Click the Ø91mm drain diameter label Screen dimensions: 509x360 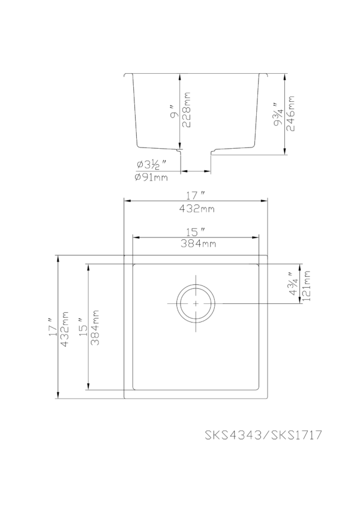[152, 177]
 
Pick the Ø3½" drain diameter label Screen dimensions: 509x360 [151, 164]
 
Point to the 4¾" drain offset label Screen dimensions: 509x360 [294, 286]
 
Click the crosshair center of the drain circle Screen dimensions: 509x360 [196, 303]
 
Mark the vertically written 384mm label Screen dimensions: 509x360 [96, 328]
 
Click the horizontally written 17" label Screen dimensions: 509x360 [196, 196]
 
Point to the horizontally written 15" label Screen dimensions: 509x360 [196, 231]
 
